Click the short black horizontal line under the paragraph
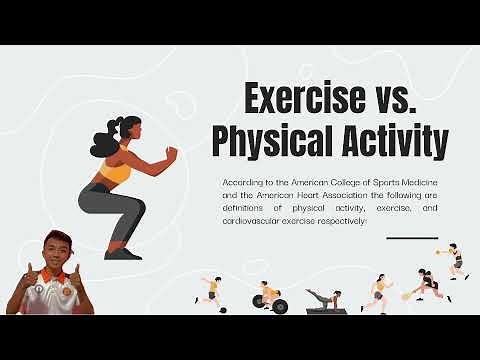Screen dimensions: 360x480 [411, 238]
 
